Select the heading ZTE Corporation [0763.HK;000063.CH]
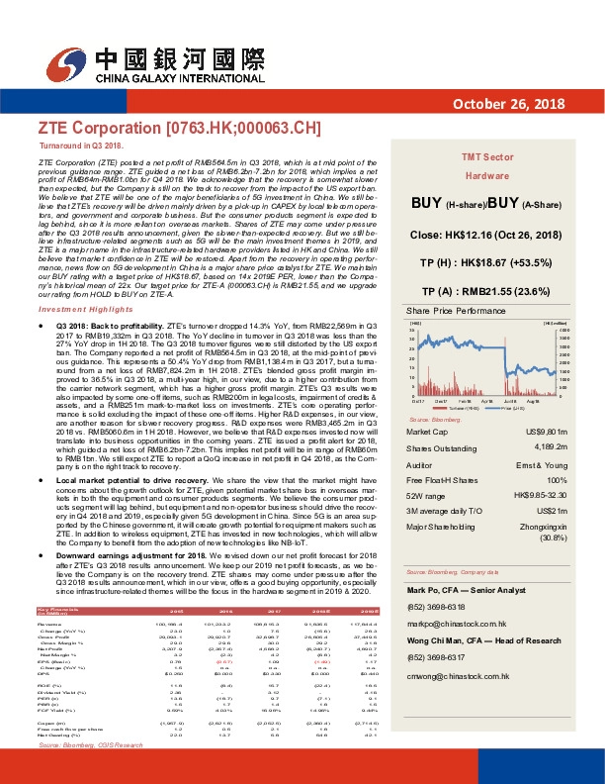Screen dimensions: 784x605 pos(180,129)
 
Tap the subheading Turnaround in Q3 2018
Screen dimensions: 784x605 pos(81,146)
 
